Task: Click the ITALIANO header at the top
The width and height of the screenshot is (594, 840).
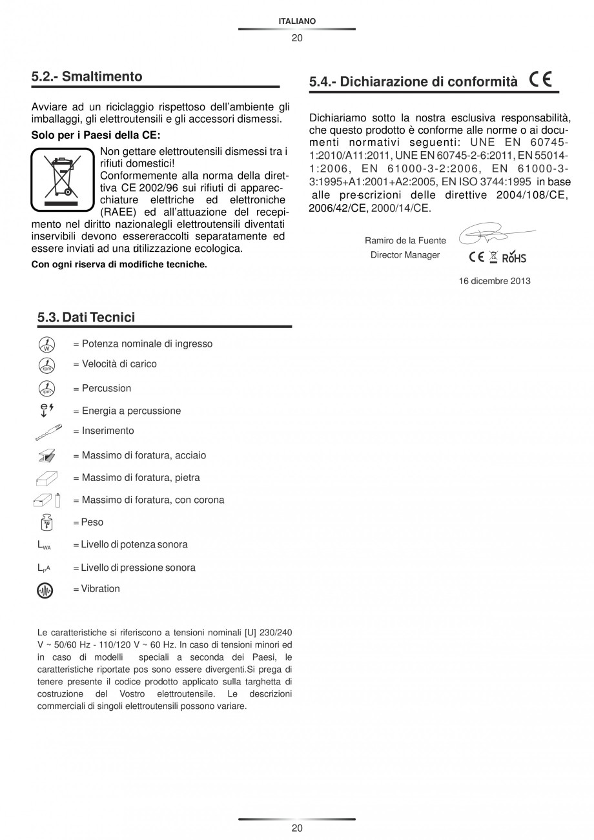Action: point(297,21)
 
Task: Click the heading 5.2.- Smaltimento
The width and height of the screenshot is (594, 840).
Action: point(87,77)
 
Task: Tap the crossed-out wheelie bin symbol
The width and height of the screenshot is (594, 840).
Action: point(62,179)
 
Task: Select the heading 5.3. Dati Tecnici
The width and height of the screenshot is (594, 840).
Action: point(87,317)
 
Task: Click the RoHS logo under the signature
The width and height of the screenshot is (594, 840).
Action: point(514,257)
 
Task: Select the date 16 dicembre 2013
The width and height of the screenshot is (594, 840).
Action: point(495,281)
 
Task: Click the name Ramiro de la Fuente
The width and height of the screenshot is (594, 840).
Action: point(405,241)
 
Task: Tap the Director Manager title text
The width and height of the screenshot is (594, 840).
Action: point(405,255)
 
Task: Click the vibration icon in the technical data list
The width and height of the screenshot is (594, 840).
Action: point(46,589)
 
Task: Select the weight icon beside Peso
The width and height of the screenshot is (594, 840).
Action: point(46,522)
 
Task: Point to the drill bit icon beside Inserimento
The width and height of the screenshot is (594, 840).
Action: point(46,431)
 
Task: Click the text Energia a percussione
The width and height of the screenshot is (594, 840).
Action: point(131,411)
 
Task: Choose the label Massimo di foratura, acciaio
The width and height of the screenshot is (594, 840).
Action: point(144,455)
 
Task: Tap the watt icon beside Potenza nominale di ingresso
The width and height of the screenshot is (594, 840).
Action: point(46,344)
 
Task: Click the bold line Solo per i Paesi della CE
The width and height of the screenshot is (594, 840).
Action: point(96,136)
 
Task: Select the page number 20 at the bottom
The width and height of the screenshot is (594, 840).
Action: point(297,828)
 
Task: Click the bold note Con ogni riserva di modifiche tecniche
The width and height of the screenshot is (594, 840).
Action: point(119,264)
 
